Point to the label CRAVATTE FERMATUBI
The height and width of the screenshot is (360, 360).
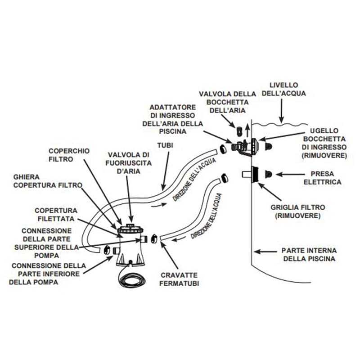pyautogui.click(x=179, y=279)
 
